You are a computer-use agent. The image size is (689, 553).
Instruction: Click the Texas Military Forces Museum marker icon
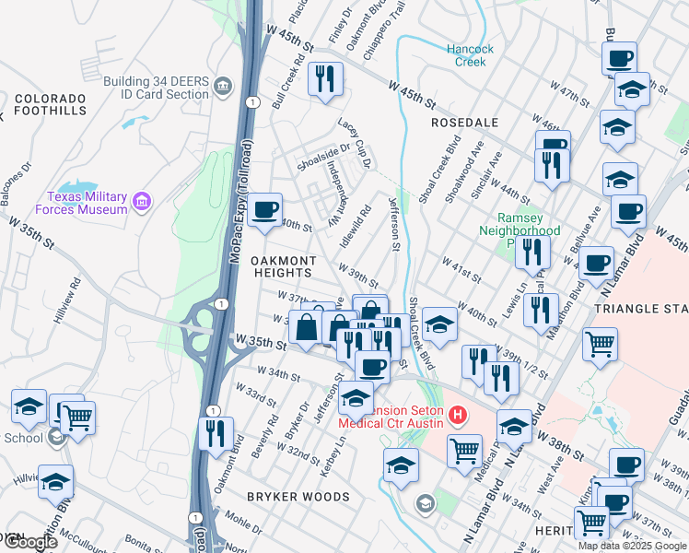coord(142,201)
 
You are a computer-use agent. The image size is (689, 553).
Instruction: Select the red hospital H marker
coord(455,417)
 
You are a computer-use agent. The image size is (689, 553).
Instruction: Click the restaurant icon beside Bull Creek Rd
coord(324,80)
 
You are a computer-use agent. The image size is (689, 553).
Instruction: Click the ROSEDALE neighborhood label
coord(464,123)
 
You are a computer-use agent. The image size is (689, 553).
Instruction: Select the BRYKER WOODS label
coord(298,497)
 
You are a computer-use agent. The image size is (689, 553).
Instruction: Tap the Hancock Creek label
coord(470,55)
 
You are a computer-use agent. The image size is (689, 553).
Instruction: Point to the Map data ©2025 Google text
coord(632,546)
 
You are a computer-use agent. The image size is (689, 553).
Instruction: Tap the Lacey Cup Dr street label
coord(354,142)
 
